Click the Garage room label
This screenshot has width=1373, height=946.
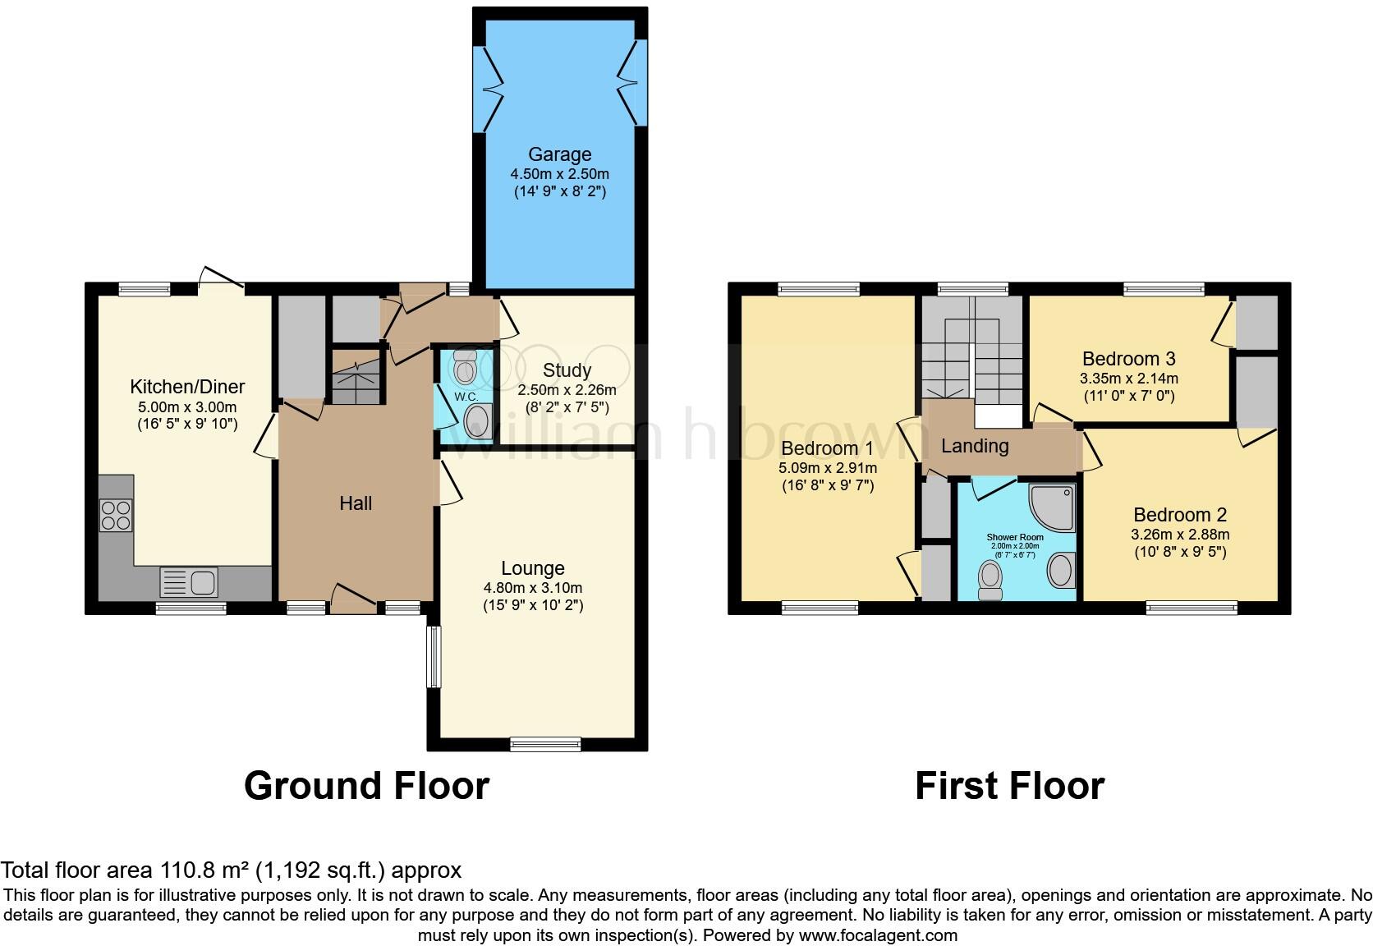pyautogui.click(x=559, y=154)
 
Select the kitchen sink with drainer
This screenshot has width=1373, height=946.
pyautogui.click(x=189, y=583)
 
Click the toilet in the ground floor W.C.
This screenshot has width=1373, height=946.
pyautogui.click(x=465, y=369)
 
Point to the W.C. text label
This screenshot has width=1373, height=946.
pyautogui.click(x=466, y=397)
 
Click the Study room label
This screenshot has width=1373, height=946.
pyautogui.click(x=567, y=370)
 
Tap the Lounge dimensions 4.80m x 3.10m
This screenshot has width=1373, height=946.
pyautogui.click(x=533, y=588)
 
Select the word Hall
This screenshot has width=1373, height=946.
pyautogui.click(x=356, y=503)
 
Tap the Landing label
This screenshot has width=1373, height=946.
pyautogui.click(x=975, y=446)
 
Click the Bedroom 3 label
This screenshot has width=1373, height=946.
pyautogui.click(x=1128, y=359)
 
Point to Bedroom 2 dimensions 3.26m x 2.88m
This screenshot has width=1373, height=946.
pyautogui.click(x=1180, y=535)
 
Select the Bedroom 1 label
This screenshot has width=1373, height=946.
pyautogui.click(x=827, y=448)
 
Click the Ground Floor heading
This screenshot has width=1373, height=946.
pyautogui.click(x=366, y=786)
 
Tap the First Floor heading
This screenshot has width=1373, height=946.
pyautogui.click(x=1009, y=786)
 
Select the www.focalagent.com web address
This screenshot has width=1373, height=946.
pyautogui.click(x=877, y=935)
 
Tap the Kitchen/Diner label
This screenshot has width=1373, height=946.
pyautogui.click(x=187, y=387)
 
